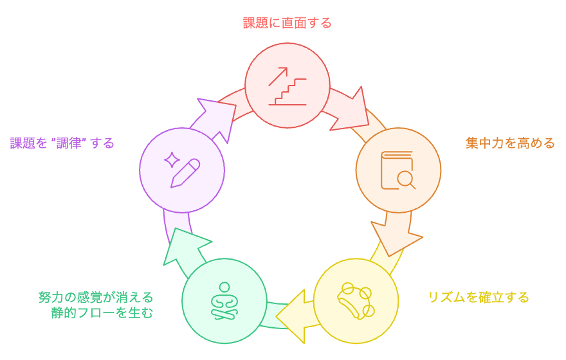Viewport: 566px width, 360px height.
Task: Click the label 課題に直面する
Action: coord(288,24)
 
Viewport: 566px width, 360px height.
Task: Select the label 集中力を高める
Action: coord(510,143)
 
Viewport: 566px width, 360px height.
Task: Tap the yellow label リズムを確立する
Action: coord(479,297)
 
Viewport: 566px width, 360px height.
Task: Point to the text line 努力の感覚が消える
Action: coord(96,297)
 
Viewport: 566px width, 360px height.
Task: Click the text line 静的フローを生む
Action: coord(103,313)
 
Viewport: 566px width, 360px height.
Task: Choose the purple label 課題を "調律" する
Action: coord(62,143)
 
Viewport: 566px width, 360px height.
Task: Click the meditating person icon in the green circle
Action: coord(224,301)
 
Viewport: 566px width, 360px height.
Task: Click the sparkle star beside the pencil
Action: coord(172,158)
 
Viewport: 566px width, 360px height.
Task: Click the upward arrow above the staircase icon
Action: coord(278,76)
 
